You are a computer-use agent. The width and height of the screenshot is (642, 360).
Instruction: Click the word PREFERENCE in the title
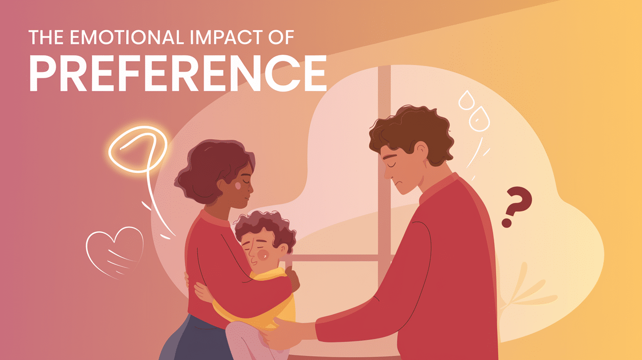pos(178,73)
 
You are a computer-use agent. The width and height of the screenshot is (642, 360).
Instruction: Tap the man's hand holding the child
pos(284,333)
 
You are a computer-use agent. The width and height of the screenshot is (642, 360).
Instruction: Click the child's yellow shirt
pos(274,298)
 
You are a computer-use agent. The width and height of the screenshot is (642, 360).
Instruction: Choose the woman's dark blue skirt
pos(196,342)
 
